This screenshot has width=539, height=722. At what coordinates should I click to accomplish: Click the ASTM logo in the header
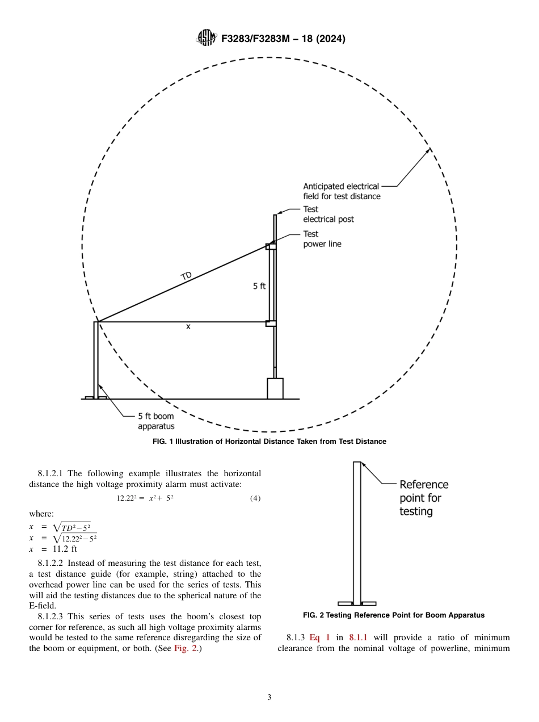[x=205, y=39]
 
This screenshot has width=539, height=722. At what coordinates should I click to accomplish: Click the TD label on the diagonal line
[x=186, y=276]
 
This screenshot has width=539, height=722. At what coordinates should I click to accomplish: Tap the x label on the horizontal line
[x=188, y=326]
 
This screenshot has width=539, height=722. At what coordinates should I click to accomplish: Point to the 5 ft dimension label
[x=259, y=286]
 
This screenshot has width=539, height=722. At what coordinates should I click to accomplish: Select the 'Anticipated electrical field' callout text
[x=341, y=191]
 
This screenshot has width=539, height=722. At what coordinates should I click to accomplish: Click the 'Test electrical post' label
[x=328, y=214]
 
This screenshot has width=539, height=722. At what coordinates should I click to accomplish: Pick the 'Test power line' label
[x=322, y=239]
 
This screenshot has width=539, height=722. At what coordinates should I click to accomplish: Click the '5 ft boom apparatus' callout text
[x=156, y=421]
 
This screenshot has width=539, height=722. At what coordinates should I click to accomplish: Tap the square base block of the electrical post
[x=275, y=388]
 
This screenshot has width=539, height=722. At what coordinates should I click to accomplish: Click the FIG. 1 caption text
[x=269, y=442]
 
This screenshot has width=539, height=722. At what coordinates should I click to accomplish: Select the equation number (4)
[x=255, y=498]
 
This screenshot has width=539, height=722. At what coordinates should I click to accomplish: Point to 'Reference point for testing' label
[x=423, y=498]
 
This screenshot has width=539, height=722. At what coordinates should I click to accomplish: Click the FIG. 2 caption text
[x=394, y=615]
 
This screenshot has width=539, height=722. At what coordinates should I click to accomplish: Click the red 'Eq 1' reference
[x=318, y=637]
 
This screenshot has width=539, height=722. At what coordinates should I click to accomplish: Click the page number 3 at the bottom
[x=269, y=698]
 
